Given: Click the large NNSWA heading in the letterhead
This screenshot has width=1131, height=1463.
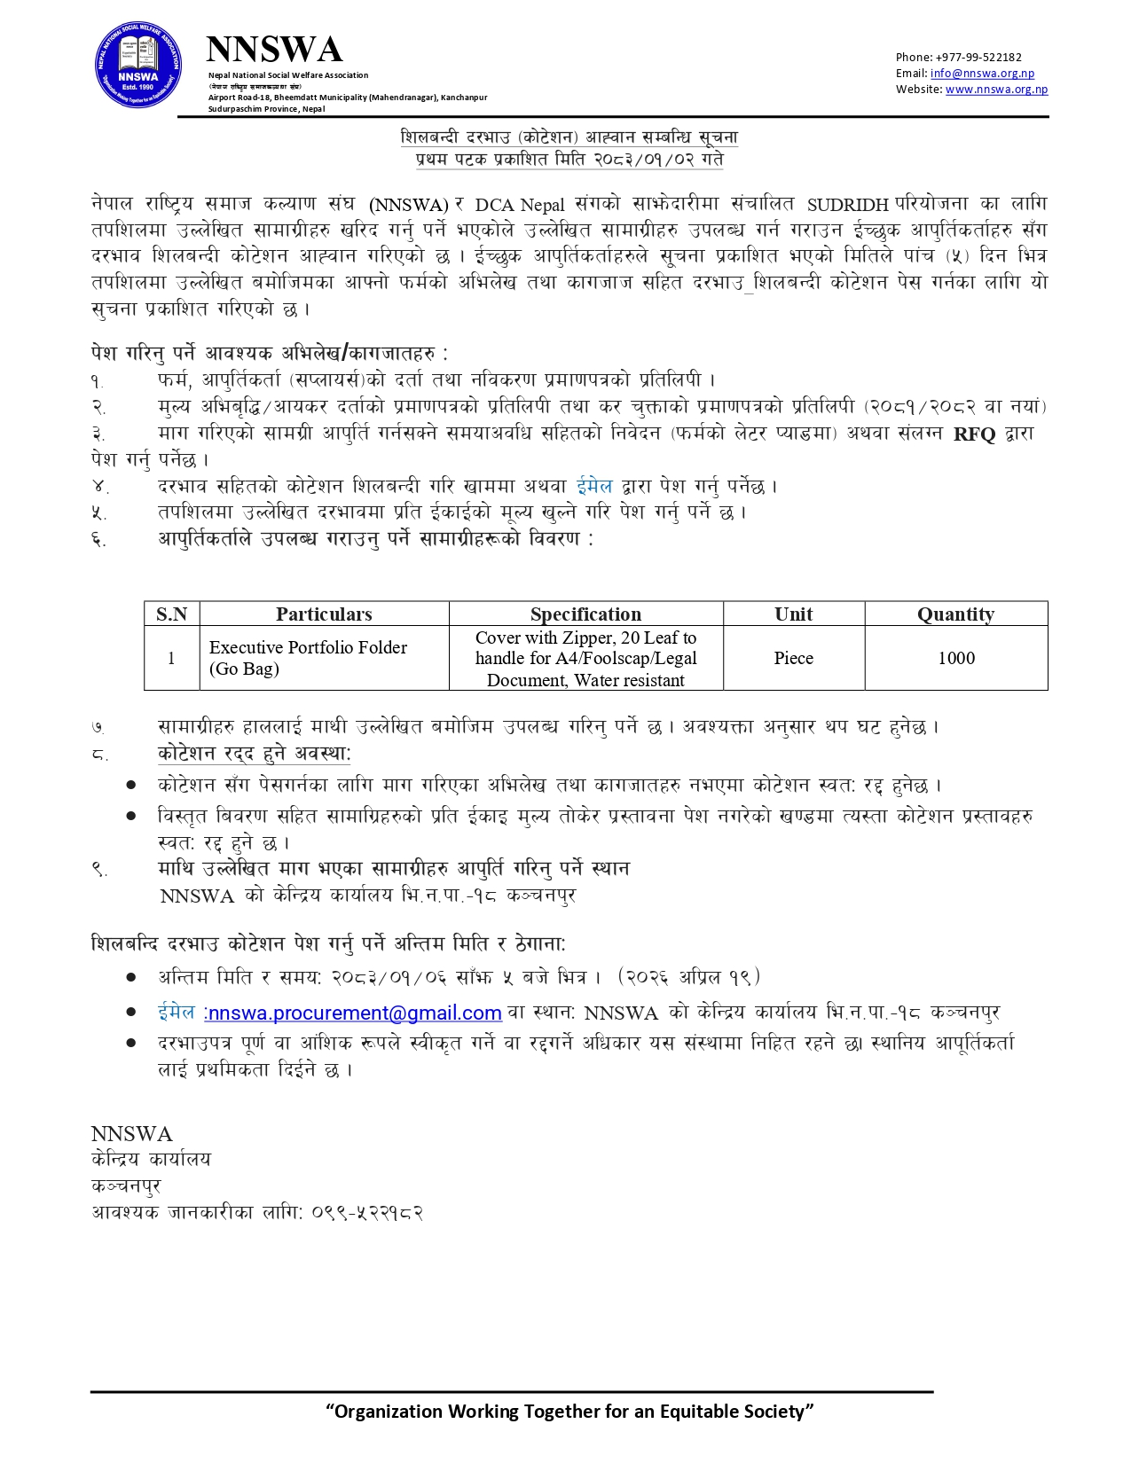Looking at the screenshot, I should [x=273, y=50].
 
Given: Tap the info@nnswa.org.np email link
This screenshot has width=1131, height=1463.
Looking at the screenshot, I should [x=982, y=74].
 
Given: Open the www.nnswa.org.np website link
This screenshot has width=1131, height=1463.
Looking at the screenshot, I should [x=996, y=90].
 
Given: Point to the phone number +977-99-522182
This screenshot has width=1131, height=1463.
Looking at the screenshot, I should [x=977, y=58].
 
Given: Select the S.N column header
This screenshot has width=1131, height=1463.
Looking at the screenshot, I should [x=171, y=614].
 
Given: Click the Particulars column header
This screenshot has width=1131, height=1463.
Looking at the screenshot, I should [x=324, y=614].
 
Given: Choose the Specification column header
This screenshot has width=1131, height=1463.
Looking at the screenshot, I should [x=585, y=614].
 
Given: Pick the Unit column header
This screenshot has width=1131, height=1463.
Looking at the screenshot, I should [x=793, y=614].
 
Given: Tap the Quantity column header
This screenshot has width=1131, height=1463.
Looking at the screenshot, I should [x=955, y=614].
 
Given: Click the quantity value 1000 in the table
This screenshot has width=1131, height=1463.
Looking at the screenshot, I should [x=956, y=658].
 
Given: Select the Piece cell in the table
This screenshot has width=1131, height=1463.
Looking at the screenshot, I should [x=793, y=658].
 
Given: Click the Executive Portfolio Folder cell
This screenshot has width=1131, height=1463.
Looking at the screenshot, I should [x=308, y=658].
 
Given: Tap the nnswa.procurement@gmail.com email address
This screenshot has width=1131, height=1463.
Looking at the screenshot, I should [x=355, y=1013].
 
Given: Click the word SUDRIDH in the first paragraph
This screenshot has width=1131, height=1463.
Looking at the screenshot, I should [x=847, y=205].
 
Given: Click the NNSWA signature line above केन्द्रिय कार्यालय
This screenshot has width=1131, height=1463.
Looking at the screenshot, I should [x=131, y=1134].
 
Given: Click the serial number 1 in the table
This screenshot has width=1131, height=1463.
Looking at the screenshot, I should [x=171, y=658].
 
